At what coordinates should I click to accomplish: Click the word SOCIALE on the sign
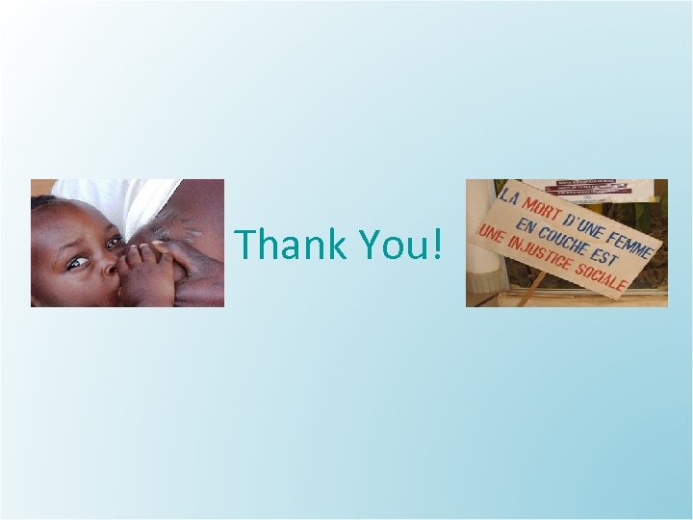[603, 276]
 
